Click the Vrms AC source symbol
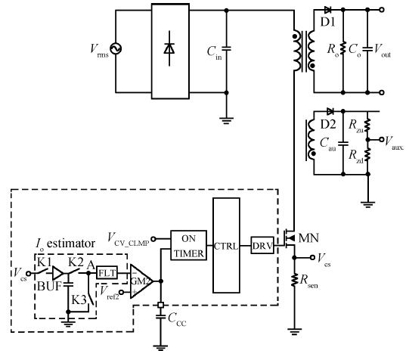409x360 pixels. click(116, 49)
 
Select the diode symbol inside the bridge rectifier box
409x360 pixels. click(169, 48)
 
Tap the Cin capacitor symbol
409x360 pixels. click(226, 48)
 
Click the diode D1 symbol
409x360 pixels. click(327, 10)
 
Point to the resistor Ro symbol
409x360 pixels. click(342, 48)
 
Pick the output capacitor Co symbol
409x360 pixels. click(367, 49)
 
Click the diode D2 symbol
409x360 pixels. click(330, 111)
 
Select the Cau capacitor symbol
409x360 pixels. click(343, 144)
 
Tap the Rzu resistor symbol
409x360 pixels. click(367, 126)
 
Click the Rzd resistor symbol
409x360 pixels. click(367, 154)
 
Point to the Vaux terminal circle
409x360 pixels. click(381, 140)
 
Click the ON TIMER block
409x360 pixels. click(188, 245)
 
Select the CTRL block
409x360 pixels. click(226, 246)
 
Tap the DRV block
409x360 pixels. click(262, 245)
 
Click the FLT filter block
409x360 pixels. click(107, 273)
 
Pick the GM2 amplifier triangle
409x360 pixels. click(141, 281)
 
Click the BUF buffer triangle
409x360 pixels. click(58, 273)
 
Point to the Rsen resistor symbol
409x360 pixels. click(294, 280)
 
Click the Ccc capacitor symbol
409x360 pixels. click(161, 317)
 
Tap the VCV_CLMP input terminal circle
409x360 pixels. click(153, 239)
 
